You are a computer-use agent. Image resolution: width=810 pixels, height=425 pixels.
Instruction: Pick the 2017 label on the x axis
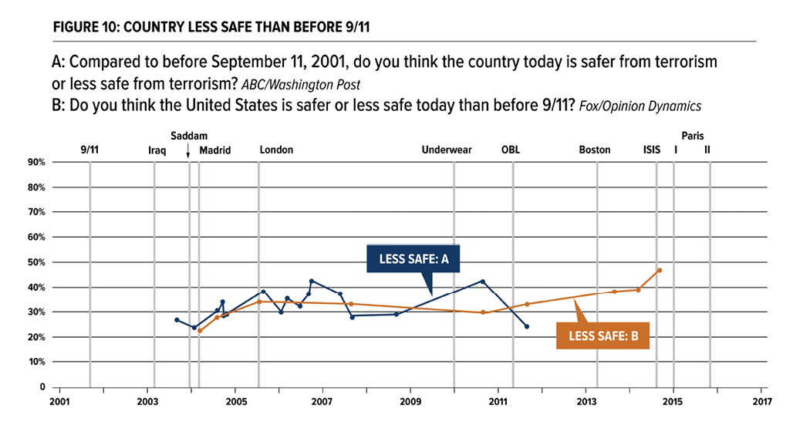tap(761, 401)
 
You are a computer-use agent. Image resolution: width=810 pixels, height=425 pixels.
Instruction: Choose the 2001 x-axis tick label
tap(59, 401)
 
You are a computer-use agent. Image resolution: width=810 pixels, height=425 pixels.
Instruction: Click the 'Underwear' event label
tap(447, 150)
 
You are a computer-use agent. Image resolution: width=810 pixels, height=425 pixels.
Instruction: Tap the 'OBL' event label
tap(511, 150)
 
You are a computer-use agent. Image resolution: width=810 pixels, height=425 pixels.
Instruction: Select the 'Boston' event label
tap(595, 150)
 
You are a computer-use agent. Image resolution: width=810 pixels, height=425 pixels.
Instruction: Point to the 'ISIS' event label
tap(652, 150)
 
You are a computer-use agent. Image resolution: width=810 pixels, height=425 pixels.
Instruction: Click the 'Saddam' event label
tap(188, 136)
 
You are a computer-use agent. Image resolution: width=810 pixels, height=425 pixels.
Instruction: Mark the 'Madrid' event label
tap(215, 150)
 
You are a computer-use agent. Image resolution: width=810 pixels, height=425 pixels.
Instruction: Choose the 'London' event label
tap(276, 150)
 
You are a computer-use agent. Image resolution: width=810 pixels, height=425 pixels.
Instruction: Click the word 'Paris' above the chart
tap(693, 136)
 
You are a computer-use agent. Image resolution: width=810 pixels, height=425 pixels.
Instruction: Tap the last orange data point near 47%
tap(660, 270)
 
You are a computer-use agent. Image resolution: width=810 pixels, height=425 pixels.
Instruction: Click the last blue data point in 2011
tap(527, 326)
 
